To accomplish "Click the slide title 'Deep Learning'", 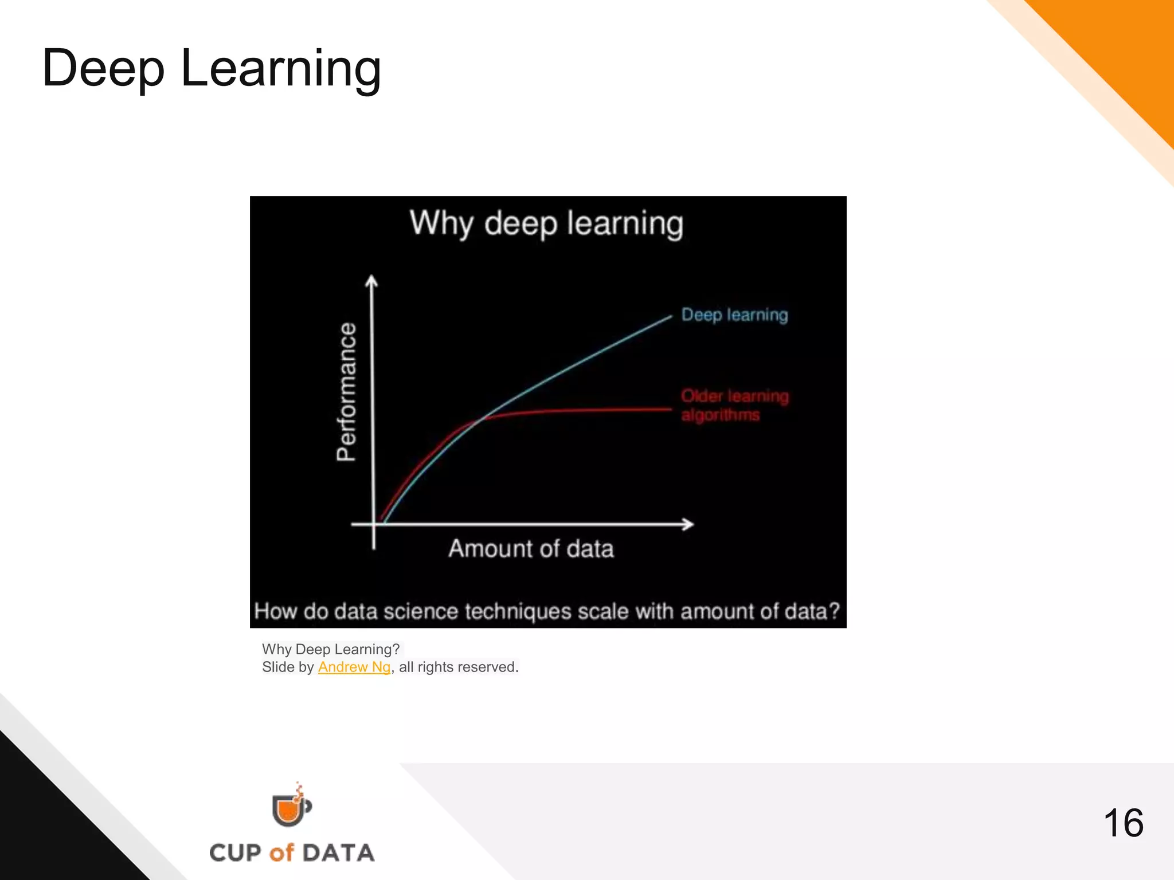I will click(x=212, y=68).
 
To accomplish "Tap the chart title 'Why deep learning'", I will click(x=546, y=223).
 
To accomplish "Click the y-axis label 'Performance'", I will click(x=346, y=392).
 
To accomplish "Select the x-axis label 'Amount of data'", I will click(x=531, y=549).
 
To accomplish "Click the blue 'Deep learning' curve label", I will click(x=734, y=315).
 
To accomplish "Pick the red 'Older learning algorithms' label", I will click(x=734, y=405).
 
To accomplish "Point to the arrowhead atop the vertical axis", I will click(x=372, y=281).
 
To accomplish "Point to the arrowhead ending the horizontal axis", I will click(x=688, y=524).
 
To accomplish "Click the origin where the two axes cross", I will click(x=374, y=524).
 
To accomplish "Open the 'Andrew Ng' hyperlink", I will click(x=354, y=667).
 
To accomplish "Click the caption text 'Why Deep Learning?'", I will click(x=331, y=649).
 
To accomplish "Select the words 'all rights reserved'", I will click(x=458, y=667).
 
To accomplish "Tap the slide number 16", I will click(x=1123, y=823).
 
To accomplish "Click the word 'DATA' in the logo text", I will click(x=338, y=853).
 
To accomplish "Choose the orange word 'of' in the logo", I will click(x=281, y=853).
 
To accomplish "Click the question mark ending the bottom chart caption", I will click(x=834, y=611).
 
